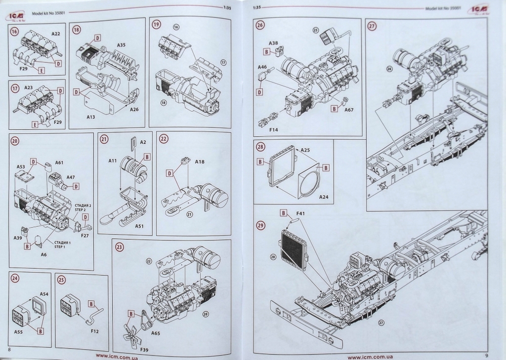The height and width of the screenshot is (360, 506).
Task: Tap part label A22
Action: [x=56, y=33]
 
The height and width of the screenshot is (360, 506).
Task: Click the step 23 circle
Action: [x=120, y=247]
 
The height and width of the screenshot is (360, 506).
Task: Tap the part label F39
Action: [x=145, y=350]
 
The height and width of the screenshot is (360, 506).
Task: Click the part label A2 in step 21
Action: [x=143, y=142]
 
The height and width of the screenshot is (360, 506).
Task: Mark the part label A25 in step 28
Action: [x=305, y=150]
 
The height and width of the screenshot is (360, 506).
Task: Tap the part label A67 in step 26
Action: [x=348, y=110]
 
